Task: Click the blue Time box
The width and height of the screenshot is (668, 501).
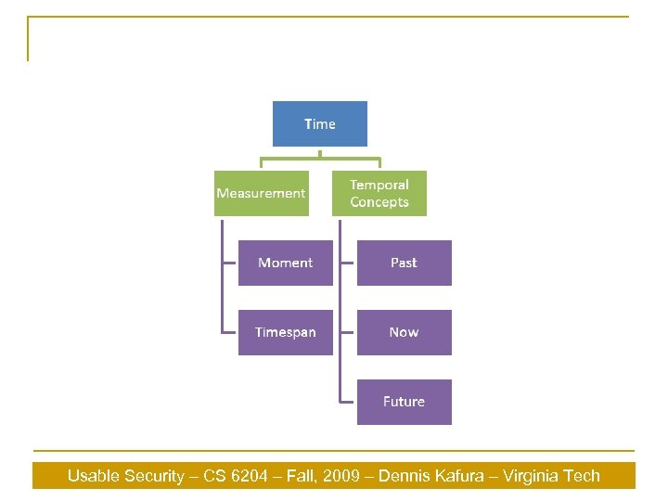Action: (x=319, y=123)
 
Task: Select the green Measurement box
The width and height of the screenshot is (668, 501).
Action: (x=261, y=193)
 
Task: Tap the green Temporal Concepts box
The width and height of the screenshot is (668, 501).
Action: (x=379, y=193)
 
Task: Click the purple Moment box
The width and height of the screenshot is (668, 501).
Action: (x=285, y=263)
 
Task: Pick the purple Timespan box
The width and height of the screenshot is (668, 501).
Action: (x=285, y=332)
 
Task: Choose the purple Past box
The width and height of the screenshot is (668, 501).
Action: (x=404, y=263)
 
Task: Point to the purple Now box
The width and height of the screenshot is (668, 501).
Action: (x=404, y=332)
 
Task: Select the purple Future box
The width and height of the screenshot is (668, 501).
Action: (x=404, y=402)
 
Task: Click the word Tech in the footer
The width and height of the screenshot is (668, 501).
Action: (x=583, y=476)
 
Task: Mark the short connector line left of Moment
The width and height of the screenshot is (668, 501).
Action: (x=229, y=263)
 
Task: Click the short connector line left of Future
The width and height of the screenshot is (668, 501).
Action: (x=347, y=402)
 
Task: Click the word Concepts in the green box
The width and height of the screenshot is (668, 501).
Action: (x=379, y=202)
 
